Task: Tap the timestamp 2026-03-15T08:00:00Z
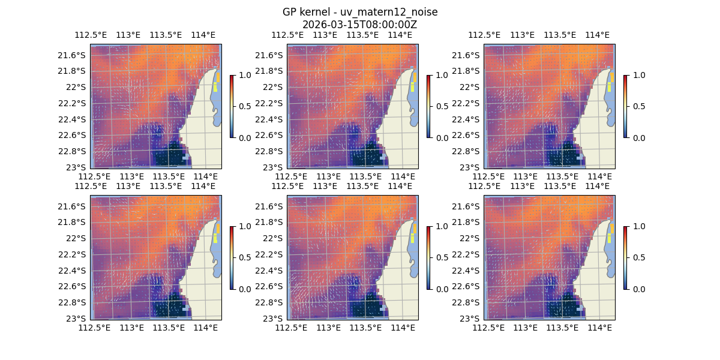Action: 359,25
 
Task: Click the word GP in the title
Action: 289,12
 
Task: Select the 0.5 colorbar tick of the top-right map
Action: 636,106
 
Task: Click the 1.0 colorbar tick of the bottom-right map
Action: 636,226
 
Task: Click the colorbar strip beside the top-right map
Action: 625,106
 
